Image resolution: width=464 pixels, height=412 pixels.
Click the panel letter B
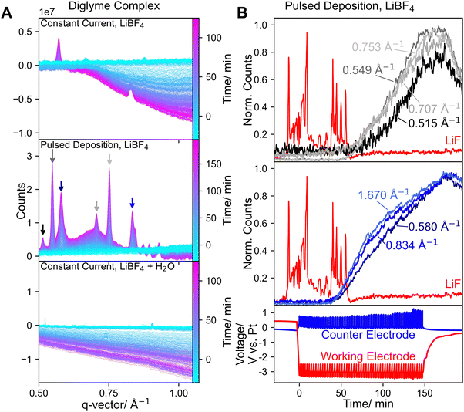241,13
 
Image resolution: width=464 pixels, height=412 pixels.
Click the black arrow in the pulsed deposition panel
43,228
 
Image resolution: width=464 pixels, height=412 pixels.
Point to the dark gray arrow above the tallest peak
52,155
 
